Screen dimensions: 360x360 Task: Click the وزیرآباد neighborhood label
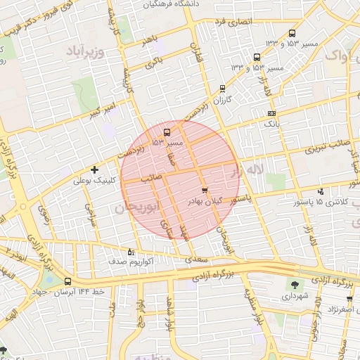(x=86, y=52)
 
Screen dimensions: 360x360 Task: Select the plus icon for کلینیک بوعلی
(x=94, y=169)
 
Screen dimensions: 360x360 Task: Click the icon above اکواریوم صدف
(x=131, y=252)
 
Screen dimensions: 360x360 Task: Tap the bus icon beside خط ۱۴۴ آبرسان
(x=67, y=281)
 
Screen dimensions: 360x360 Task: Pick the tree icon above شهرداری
(x=294, y=285)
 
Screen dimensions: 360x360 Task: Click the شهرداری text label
(x=295, y=297)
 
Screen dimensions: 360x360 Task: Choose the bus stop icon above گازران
(x=223, y=89)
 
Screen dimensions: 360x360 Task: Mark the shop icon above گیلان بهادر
(x=205, y=191)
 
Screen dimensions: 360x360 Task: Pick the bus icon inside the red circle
(x=167, y=131)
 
